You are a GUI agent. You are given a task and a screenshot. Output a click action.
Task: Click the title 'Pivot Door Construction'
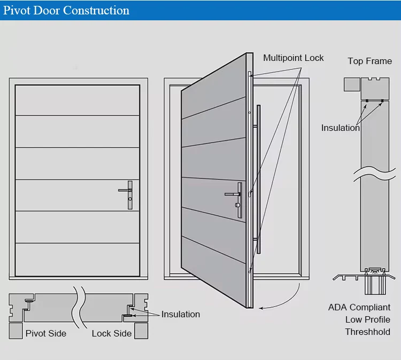[x=67, y=10]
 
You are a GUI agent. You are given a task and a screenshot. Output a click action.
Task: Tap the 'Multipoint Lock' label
[x=293, y=58]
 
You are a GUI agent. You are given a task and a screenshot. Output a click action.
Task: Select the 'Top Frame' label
[x=369, y=61]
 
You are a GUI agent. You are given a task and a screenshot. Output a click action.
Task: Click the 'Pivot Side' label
[x=46, y=333]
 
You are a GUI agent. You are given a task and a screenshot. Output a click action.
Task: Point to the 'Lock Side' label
[x=111, y=333]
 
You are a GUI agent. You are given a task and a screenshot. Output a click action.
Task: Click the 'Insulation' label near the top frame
[x=340, y=128]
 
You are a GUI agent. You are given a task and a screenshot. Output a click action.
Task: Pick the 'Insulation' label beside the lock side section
[x=181, y=314]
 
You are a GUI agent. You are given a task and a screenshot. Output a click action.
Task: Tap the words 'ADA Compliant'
[x=359, y=308]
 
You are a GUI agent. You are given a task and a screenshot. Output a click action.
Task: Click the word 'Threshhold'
[x=367, y=332]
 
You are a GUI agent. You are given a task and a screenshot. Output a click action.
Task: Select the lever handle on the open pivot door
[x=236, y=197]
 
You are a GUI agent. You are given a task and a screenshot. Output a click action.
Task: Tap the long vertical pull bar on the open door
[x=258, y=179]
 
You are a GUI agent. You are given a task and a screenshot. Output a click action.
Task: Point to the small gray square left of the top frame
[x=351, y=84]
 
